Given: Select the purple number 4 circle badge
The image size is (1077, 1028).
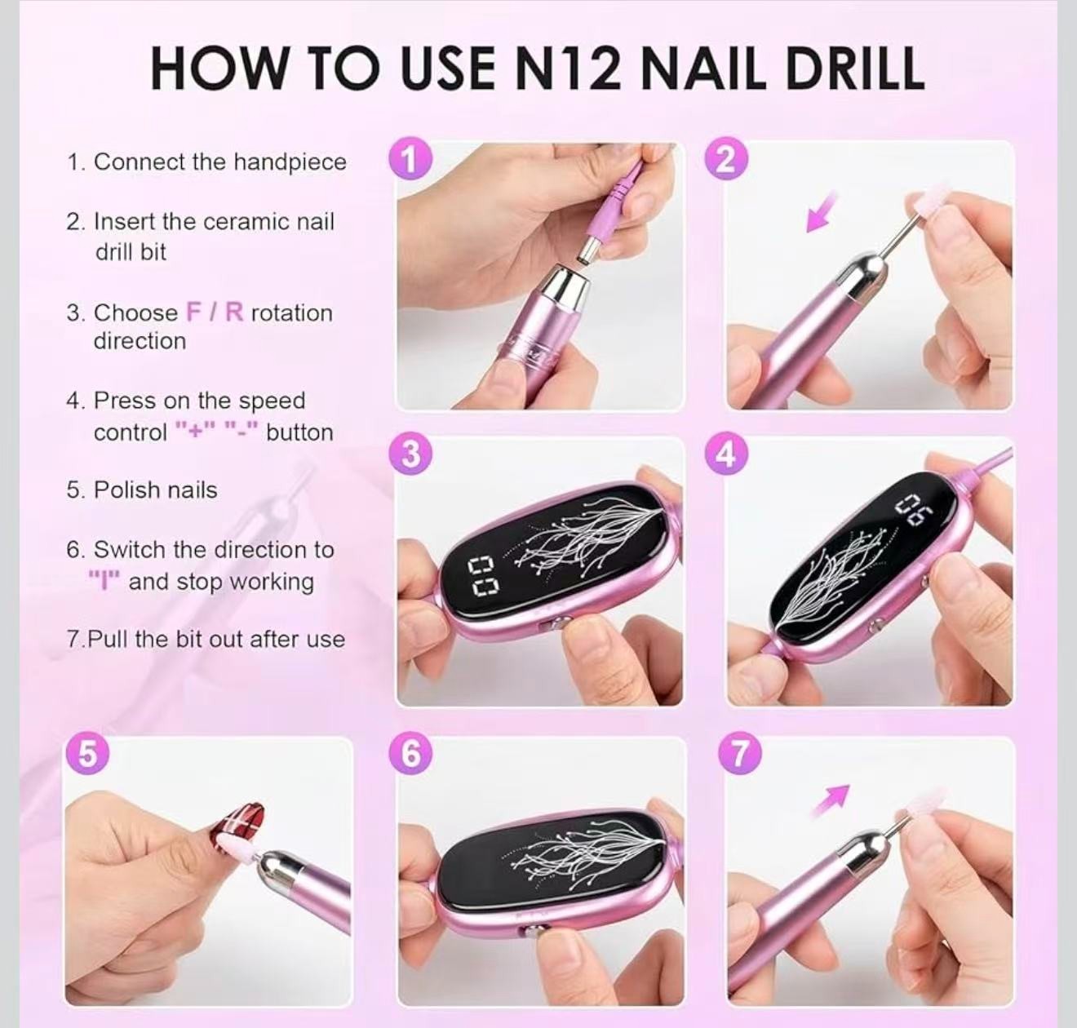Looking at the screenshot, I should (x=725, y=454).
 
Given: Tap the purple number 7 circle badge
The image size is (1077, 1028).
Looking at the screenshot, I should (x=739, y=754).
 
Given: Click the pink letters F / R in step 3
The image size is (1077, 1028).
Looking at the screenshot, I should (x=215, y=312).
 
